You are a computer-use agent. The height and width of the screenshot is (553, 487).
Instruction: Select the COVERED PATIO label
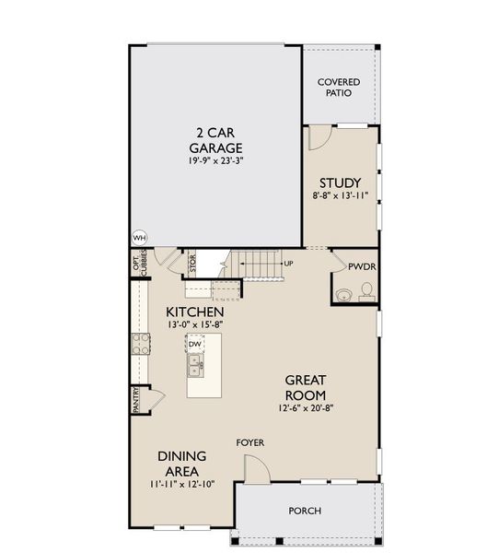point(339,88)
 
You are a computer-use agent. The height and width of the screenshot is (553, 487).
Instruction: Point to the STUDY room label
point(340,182)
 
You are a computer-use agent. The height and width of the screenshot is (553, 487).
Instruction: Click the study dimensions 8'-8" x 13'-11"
point(340,195)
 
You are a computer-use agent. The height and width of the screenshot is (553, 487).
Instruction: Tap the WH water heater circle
point(140,238)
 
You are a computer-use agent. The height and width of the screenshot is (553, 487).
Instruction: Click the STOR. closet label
point(192,264)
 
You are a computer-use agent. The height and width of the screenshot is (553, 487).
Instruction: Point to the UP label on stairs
point(288,264)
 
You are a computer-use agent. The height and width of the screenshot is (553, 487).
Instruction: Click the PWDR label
point(360,266)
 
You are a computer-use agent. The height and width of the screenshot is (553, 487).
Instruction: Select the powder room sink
point(342,295)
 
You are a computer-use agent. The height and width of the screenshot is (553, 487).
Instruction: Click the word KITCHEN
point(195,312)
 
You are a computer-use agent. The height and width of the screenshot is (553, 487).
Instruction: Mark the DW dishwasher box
point(194,345)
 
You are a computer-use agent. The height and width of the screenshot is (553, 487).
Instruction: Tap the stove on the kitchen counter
point(143,344)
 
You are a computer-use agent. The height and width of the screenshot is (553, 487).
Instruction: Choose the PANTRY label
point(135,399)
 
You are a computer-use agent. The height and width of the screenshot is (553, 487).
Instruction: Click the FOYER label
point(249,443)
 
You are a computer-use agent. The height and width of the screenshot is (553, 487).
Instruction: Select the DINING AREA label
point(181,463)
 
